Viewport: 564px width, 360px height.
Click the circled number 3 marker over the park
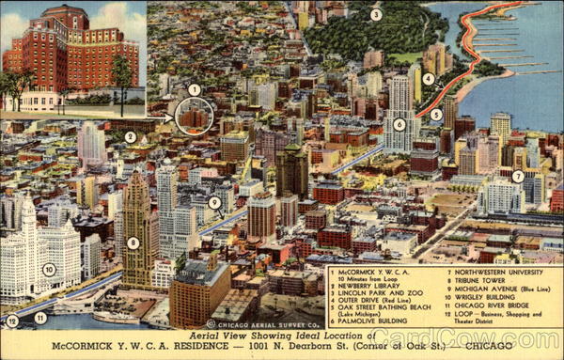pyautogui.click(x=376, y=14)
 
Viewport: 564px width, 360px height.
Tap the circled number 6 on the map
pyautogui.click(x=399, y=123)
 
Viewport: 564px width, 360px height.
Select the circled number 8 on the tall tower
pyautogui.click(x=133, y=243)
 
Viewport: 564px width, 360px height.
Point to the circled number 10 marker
pyautogui.click(x=49, y=270)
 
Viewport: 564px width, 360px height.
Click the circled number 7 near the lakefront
pyautogui.click(x=518, y=176)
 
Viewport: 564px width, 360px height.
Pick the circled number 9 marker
pyautogui.click(x=214, y=202)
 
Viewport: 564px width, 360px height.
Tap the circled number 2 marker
pyautogui.click(x=131, y=137)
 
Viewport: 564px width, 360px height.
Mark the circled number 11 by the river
pyautogui.click(x=40, y=319)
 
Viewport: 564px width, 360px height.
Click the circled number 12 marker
pyautogui.click(x=11, y=321)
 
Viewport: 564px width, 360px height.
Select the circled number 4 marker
pyautogui.click(x=429, y=79)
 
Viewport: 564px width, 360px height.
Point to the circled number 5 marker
pyautogui.click(x=436, y=115)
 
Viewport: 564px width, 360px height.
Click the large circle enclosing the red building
pyautogui.click(x=195, y=117)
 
